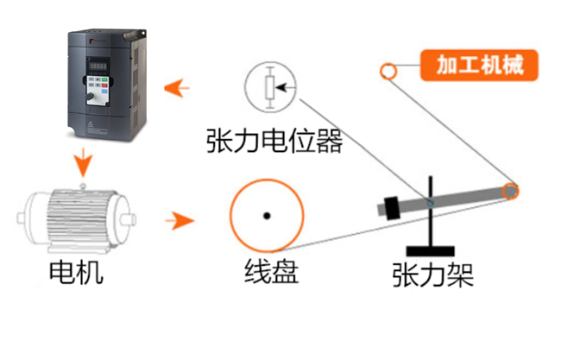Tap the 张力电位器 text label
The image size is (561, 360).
coord(274,140)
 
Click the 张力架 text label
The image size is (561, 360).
coord(432,275)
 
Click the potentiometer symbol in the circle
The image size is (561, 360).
coord(269,86)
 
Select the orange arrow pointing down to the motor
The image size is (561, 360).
coord(82,161)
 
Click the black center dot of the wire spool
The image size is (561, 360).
coord(268,214)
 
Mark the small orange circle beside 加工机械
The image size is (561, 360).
coord(388,71)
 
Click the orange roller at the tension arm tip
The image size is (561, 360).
coord(511,191)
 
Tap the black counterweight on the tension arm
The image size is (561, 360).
coord(392,207)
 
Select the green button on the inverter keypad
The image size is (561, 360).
coord(105,84)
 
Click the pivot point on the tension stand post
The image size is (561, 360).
coord(431,202)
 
